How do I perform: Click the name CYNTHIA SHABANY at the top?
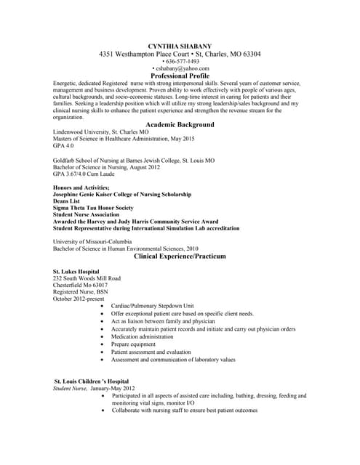click(179, 46)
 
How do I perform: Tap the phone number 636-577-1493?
click(180, 62)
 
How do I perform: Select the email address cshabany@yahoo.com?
click(180, 69)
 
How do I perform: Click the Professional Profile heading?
click(180, 76)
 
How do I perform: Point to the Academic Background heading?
click(180, 125)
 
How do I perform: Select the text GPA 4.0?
click(64, 145)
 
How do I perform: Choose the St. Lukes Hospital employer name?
click(76, 271)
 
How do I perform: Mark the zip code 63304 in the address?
click(250, 54)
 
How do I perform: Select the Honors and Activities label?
click(81, 187)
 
